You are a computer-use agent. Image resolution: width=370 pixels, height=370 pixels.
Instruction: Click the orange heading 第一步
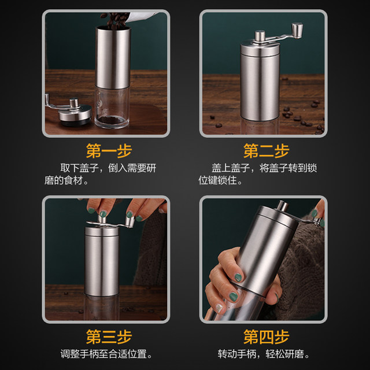pyautogui.click(x=109, y=151)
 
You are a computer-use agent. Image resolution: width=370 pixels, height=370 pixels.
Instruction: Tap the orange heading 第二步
pyautogui.click(x=266, y=151)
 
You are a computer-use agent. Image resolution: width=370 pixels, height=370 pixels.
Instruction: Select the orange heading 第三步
pyautogui.click(x=109, y=336)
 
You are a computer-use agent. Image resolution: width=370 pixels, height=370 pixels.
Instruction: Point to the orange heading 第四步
pyautogui.click(x=266, y=336)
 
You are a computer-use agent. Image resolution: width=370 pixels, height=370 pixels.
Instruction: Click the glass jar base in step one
pyautogui.click(x=112, y=108)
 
